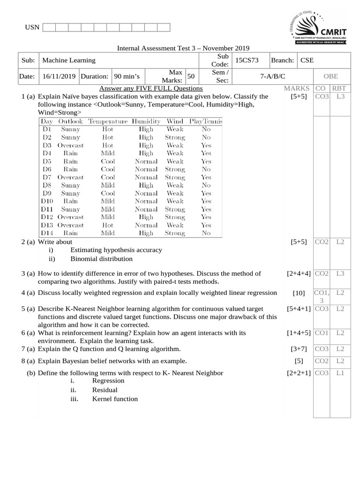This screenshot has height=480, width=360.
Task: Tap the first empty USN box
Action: click(49, 27)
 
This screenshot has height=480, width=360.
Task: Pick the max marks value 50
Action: click(191, 76)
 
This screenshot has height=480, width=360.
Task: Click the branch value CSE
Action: click(307, 60)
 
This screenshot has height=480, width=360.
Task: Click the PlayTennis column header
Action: click(206, 121)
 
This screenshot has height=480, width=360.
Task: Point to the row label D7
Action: click(46, 177)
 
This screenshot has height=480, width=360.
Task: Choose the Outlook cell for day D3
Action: click(70, 145)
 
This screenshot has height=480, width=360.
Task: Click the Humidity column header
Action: click(146, 121)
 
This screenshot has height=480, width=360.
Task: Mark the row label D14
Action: click(47, 233)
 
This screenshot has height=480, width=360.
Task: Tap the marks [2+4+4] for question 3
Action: click(298, 273)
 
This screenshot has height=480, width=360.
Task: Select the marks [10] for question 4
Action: click(299, 293)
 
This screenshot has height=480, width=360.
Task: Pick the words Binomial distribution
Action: click(101, 259)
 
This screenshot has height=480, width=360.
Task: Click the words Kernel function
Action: click(115, 399)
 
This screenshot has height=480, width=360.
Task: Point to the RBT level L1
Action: click(340, 373)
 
